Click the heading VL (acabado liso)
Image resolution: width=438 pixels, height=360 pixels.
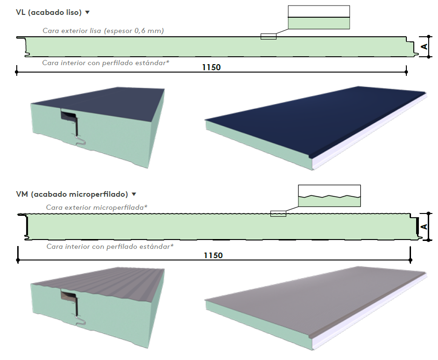(x=48, y=13)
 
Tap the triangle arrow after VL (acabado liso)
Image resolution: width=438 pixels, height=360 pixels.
(x=88, y=12)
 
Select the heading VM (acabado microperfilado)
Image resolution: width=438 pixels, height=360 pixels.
(x=72, y=194)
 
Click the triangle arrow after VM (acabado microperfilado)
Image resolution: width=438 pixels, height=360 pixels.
(x=134, y=194)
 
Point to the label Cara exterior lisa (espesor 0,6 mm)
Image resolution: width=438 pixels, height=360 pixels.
(x=103, y=31)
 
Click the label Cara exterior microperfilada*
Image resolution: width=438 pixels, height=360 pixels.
(x=97, y=207)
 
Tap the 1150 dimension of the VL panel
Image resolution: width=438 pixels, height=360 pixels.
(x=211, y=67)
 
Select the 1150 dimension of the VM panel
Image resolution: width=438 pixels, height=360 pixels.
(x=213, y=255)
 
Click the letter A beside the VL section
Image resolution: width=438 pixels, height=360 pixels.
(x=424, y=47)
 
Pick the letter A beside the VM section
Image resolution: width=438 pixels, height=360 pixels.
(x=424, y=227)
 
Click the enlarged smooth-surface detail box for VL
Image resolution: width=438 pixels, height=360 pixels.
(x=319, y=17)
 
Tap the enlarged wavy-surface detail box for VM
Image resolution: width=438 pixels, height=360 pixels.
(x=330, y=196)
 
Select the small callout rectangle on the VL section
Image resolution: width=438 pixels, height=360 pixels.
(x=269, y=36)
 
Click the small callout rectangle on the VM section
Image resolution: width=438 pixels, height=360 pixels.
(x=278, y=214)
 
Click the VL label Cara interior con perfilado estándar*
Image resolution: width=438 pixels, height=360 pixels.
(x=106, y=63)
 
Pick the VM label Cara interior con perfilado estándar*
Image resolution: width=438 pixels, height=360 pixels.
(x=110, y=247)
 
